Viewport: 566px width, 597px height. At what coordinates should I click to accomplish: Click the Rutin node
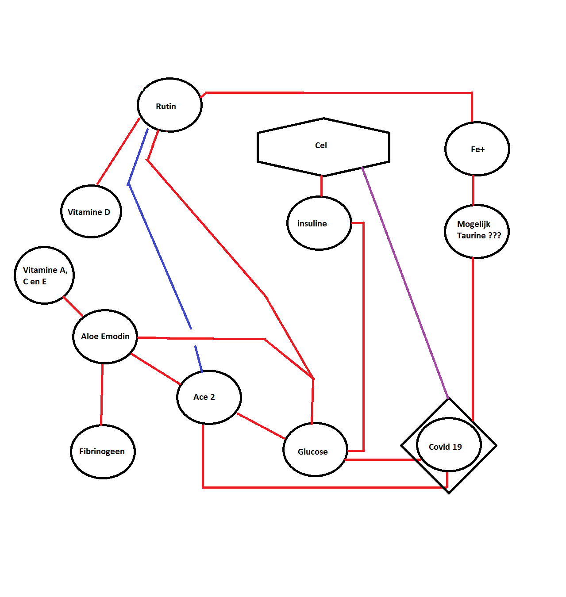[x=169, y=105]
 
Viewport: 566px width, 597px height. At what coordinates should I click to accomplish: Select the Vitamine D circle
[x=91, y=211]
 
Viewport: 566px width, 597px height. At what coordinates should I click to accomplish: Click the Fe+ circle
[x=477, y=149]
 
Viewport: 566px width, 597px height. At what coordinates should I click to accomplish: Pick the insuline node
[x=319, y=223]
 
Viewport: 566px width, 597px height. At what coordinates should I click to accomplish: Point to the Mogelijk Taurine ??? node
[x=477, y=231]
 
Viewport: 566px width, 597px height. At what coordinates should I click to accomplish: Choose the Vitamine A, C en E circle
[x=44, y=275]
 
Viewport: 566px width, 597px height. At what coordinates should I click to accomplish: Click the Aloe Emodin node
[x=105, y=337]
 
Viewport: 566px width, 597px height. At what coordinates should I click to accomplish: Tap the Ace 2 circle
[x=209, y=397]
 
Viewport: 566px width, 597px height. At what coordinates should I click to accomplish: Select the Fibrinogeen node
[x=103, y=452]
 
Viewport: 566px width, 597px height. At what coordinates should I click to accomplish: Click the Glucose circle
[x=315, y=450]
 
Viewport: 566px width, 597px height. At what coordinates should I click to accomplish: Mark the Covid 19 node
[x=448, y=445]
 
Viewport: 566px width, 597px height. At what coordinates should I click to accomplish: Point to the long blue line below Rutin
[x=159, y=256]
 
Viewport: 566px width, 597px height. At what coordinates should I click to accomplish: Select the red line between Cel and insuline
[x=321, y=186]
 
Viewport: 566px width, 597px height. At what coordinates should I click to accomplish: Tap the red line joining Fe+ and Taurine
[x=473, y=190]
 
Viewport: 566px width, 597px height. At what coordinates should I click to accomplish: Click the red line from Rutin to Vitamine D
[x=118, y=152]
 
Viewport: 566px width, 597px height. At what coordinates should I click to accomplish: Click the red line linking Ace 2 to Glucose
[x=261, y=426]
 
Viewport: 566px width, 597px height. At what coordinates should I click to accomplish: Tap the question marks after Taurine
[x=494, y=236]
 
